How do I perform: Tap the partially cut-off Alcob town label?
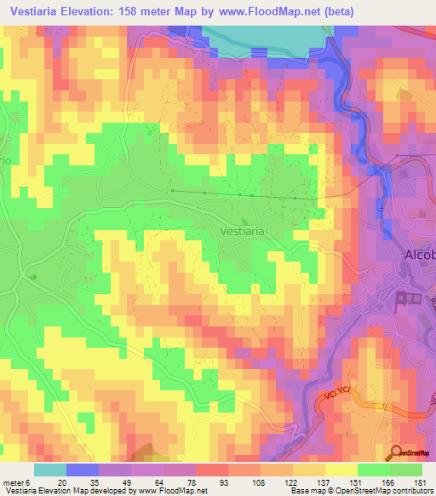(x=419, y=256)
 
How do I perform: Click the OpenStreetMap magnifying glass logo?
(x=398, y=452)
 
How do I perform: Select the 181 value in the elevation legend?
(x=418, y=482)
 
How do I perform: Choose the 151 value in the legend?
(x=330, y=482)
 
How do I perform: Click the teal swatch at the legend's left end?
(x=49, y=470)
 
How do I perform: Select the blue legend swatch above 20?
(x=82, y=470)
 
